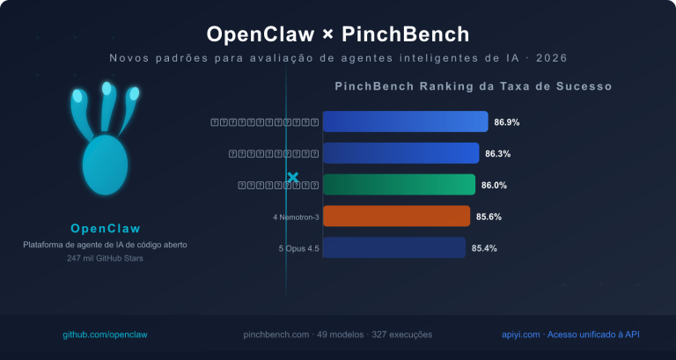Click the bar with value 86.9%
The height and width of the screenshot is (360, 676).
(x=405, y=121)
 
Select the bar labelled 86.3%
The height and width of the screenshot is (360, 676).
(x=400, y=153)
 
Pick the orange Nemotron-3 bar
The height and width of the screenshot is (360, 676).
(x=396, y=217)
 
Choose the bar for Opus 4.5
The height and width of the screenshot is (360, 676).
(x=393, y=248)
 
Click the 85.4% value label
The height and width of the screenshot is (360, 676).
(x=484, y=248)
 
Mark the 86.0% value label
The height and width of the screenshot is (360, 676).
(x=494, y=185)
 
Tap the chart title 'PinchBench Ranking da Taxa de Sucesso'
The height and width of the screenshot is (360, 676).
(x=474, y=86)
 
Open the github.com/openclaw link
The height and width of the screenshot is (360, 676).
(x=105, y=334)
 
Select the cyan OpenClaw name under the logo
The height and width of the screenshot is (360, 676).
(x=106, y=228)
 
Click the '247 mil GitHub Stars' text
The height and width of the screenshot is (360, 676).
(x=106, y=258)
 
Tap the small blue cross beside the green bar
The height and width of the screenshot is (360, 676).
(x=293, y=178)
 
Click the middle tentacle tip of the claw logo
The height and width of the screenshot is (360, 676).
(x=107, y=89)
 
